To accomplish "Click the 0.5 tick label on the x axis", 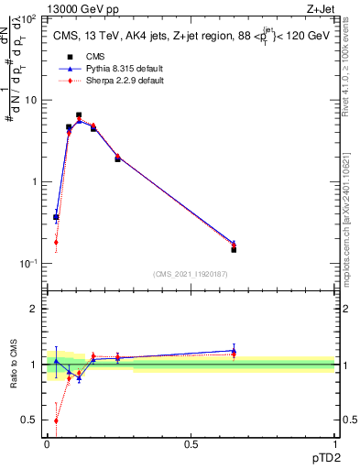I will (x=191, y=443).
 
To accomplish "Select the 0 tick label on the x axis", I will (x=47, y=443).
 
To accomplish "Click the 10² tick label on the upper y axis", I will (x=29, y=18).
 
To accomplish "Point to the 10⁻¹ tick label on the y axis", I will (x=28, y=264).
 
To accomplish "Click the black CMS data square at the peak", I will (x=80, y=115).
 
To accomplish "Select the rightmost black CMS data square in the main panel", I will (x=234, y=249).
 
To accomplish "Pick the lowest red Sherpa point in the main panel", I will (x=56, y=243).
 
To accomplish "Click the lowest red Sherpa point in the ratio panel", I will (x=56, y=420).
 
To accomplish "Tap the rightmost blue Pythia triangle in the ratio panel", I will (x=234, y=350).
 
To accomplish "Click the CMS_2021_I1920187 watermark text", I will (x=190, y=274).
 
